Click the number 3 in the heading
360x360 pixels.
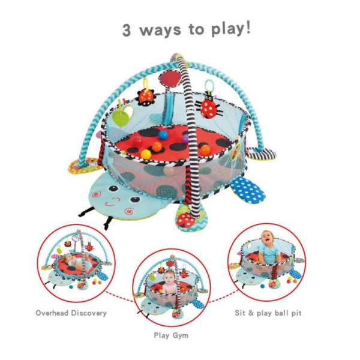(127, 30)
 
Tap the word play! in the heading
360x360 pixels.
(231, 29)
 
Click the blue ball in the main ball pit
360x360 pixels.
(163, 135)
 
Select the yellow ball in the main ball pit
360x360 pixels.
(146, 154)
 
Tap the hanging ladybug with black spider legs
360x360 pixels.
(209, 106)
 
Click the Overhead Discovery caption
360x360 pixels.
(71, 313)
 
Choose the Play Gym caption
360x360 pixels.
(171, 335)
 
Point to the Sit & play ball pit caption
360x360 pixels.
(268, 313)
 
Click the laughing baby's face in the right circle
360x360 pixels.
(268, 238)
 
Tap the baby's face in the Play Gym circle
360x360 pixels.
(170, 277)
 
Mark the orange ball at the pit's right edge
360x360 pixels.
(205, 150)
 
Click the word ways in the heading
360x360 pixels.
(160, 30)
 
